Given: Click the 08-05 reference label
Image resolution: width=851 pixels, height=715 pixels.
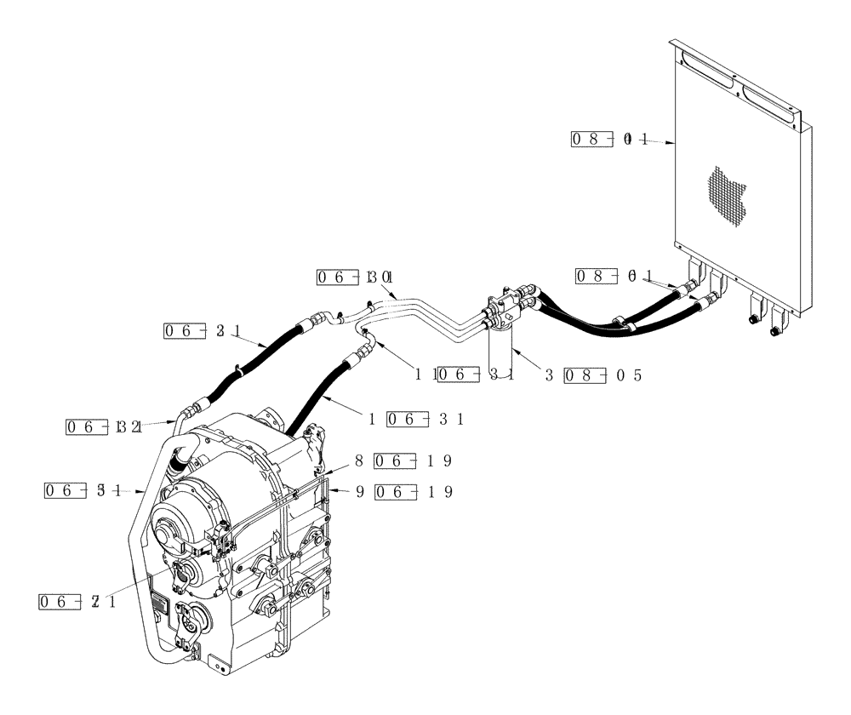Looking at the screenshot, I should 605,375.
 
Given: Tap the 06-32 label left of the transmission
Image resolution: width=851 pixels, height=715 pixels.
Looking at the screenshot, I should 103,426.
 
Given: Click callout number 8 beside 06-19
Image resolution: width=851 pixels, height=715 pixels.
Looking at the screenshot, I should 359,460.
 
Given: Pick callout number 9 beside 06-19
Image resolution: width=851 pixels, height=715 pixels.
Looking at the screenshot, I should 359,491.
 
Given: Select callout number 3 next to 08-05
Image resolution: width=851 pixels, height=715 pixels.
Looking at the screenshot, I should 550,375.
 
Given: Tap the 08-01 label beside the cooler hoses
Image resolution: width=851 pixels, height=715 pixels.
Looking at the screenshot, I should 614,275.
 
